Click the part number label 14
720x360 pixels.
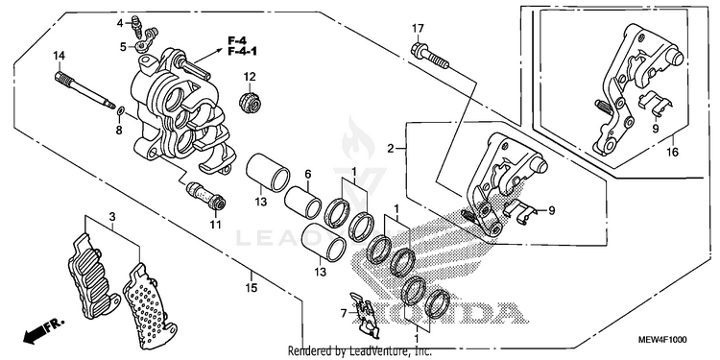59,56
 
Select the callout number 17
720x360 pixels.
417,29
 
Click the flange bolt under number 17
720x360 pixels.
430,56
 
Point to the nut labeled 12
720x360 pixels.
251,102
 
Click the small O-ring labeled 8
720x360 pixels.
121,110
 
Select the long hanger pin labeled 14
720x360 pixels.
84,90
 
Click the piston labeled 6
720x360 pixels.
302,203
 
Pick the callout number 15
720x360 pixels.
252,288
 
